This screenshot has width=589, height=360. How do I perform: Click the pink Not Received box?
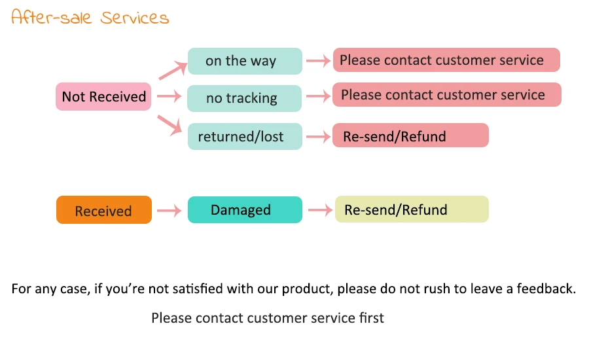click(x=103, y=97)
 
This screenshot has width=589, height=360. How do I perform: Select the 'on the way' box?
click(x=245, y=61)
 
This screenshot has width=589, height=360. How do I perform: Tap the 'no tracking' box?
click(x=245, y=98)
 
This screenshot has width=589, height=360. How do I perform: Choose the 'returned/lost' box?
click(x=245, y=136)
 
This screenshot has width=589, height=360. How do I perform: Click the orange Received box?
click(x=104, y=209)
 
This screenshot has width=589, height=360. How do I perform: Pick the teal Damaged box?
click(x=245, y=209)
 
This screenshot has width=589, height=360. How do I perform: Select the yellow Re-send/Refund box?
click(x=412, y=209)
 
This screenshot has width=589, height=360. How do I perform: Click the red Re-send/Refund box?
click(x=410, y=135)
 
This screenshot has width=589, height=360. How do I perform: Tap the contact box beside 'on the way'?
click(x=446, y=60)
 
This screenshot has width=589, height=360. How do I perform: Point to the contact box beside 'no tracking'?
click(x=447, y=95)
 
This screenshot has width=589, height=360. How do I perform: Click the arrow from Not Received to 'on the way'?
click(x=173, y=70)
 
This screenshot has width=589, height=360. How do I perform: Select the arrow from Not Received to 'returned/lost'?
click(x=170, y=125)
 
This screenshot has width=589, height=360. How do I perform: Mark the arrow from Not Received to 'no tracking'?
click(x=170, y=96)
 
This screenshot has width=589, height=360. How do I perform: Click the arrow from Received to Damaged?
click(x=170, y=211)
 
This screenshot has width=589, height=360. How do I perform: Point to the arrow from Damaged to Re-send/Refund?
click(x=321, y=210)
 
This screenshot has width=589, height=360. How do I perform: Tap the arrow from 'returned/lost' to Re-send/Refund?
click(x=319, y=136)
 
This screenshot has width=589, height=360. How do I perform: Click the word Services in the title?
click(x=134, y=18)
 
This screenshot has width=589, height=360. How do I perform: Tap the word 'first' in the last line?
click(x=372, y=318)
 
